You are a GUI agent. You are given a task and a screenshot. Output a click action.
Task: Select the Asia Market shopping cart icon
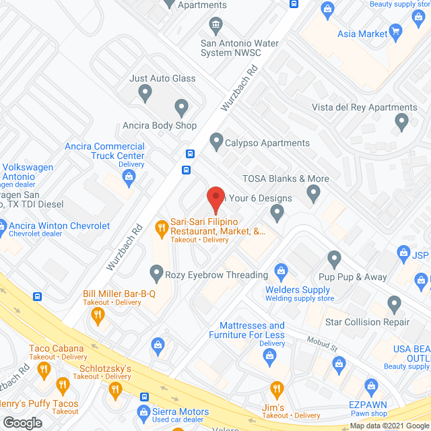coord(396,32)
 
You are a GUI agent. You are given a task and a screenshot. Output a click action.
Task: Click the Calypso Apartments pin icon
coord(216,142)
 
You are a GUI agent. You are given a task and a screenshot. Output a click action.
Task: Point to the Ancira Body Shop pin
coord(180,107)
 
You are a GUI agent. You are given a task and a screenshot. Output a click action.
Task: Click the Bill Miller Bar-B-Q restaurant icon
coord(98,314)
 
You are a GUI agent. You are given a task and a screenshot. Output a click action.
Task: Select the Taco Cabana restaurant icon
coord(44,368)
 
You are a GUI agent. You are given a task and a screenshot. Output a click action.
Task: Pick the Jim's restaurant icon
coord(276,389)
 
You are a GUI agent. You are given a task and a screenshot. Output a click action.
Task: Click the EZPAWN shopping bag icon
coord(370,385)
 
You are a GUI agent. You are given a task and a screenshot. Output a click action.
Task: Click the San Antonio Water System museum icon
coord(215,26)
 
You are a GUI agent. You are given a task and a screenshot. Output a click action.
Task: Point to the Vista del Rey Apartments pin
coord(402,123)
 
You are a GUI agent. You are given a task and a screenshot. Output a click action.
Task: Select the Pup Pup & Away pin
coord(335,259)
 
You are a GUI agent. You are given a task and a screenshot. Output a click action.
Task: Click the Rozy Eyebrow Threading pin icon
coord(156,273)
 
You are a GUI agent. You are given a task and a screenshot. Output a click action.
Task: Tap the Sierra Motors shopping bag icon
coord(143,411)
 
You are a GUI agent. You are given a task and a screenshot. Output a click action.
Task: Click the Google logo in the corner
coord(22,423)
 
